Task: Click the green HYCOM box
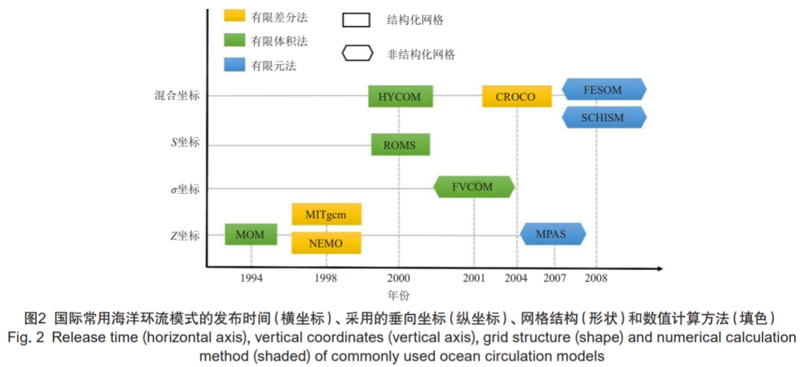pyautogui.click(x=400, y=96)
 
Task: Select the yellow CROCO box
pyautogui.click(x=516, y=96)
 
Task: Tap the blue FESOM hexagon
pyautogui.click(x=604, y=89)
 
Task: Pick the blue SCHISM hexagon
pyautogui.click(x=604, y=117)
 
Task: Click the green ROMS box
pyautogui.click(x=400, y=145)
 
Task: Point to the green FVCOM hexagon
pyautogui.click(x=473, y=186)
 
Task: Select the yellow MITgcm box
pyautogui.click(x=326, y=214)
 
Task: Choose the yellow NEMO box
pyautogui.click(x=326, y=242)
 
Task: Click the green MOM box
pyautogui.click(x=250, y=235)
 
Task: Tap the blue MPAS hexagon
pyautogui.click(x=553, y=234)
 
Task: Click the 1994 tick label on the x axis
pyautogui.click(x=251, y=277)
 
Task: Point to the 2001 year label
pyautogui.click(x=474, y=277)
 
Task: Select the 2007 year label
pyautogui.click(x=554, y=277)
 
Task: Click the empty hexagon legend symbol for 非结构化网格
pyautogui.click(x=357, y=53)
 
